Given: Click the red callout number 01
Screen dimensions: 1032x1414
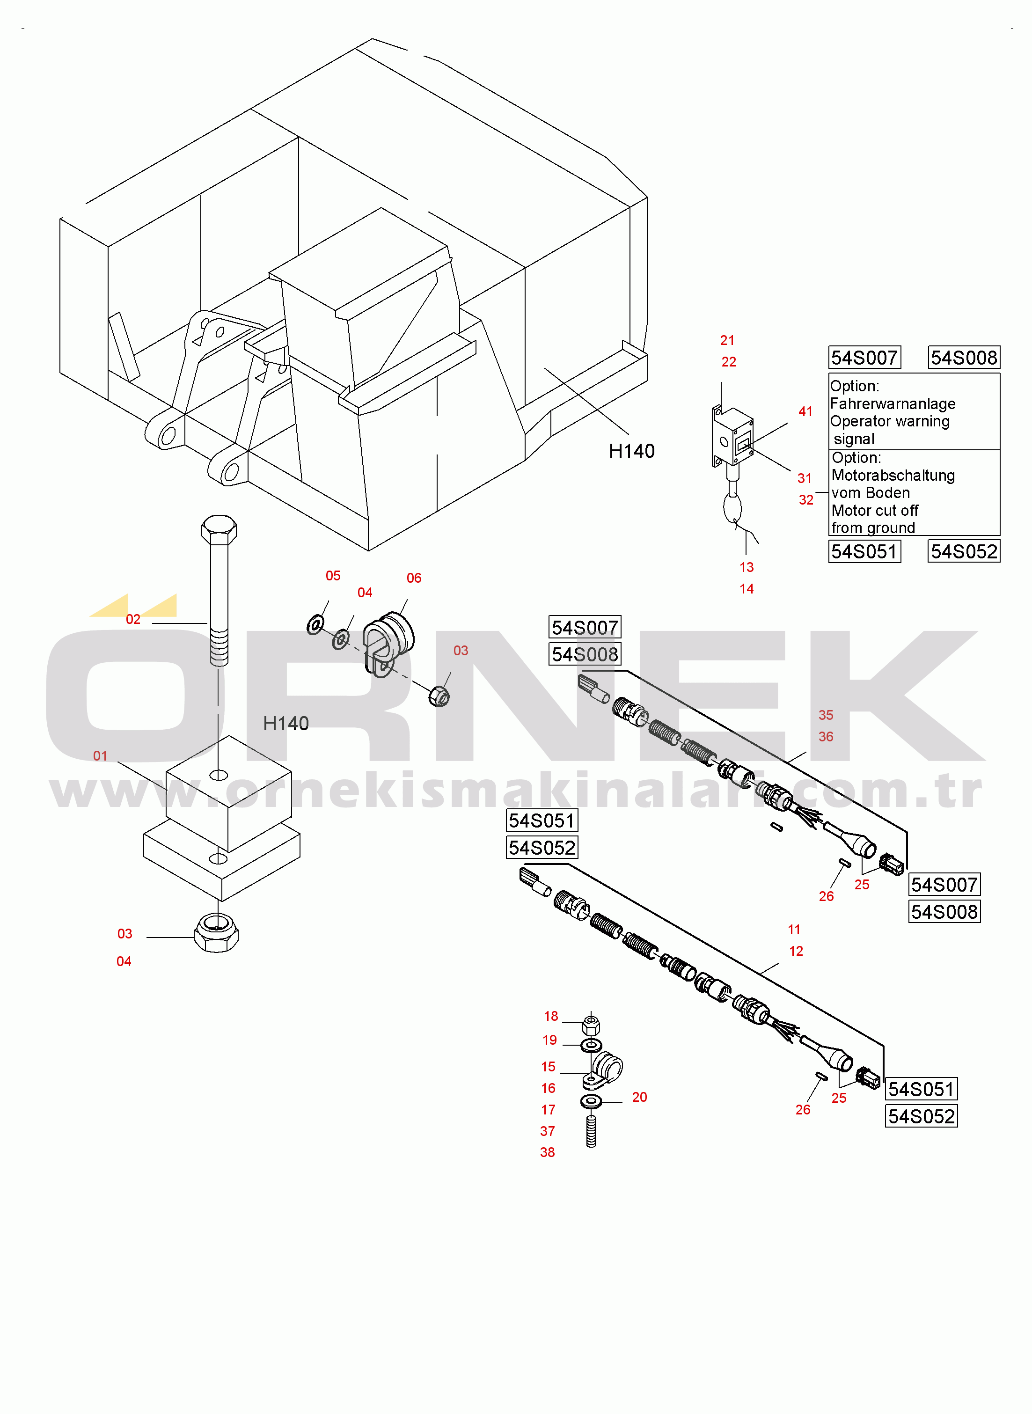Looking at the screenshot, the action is [x=100, y=756].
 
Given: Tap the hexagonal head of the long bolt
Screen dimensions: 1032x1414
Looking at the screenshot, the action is [x=219, y=530].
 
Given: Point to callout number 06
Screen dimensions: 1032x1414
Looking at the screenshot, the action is [x=414, y=578].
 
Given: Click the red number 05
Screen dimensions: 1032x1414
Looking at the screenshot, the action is [x=333, y=575].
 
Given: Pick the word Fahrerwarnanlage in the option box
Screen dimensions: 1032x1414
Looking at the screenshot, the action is [x=893, y=403].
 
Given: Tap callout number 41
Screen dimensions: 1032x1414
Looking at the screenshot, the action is [x=805, y=411].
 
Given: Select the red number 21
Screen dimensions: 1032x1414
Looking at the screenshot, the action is [x=727, y=340].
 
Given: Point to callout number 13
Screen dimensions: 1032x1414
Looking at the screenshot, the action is [x=747, y=567].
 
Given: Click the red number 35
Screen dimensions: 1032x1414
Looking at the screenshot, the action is [x=826, y=715].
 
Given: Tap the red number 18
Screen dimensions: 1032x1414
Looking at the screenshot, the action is [x=550, y=1016].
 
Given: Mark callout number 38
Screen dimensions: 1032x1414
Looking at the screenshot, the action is [x=547, y=1152].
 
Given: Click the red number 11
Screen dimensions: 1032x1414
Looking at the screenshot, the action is [x=794, y=930].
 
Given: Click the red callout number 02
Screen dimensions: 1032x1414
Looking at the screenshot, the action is [x=133, y=619].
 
